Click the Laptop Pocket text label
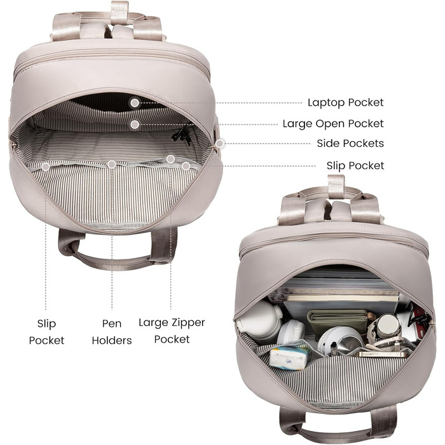pos(345,102)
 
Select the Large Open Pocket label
pos(333,124)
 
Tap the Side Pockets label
pos(350,143)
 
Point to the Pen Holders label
pos(112,332)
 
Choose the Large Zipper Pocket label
pos(172,331)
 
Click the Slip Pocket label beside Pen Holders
pos(46,332)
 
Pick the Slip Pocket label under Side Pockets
pos(355,165)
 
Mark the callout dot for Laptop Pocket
pos(135,103)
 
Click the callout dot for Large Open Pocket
pos(135,125)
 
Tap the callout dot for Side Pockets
pos(219,144)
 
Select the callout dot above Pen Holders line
pos(112,164)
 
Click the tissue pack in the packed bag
pos(289,357)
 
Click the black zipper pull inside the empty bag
pos(182,135)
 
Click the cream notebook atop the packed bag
pos(343,298)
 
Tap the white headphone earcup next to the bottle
pos(291,332)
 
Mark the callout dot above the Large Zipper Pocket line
pos(170,159)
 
